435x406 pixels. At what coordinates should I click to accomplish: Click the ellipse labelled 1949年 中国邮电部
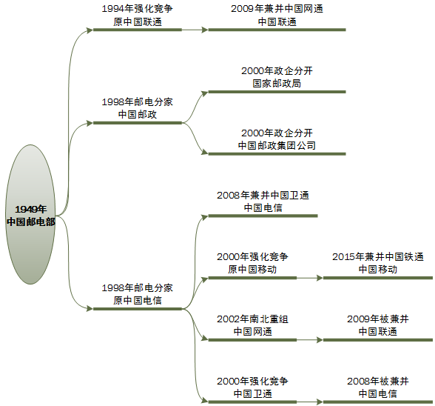pyautogui.click(x=30, y=215)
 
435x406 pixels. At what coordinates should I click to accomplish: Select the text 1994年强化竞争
pyautogui.click(x=137, y=10)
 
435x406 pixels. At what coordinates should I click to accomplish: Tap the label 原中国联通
pyautogui.click(x=137, y=22)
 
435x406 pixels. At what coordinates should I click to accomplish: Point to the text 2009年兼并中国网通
pyautogui.click(x=277, y=10)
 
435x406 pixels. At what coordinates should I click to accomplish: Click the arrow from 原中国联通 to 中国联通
pyautogui.click(x=195, y=30)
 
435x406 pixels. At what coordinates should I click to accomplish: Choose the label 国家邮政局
pyautogui.click(x=277, y=84)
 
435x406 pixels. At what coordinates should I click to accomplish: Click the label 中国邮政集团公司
pyautogui.click(x=277, y=145)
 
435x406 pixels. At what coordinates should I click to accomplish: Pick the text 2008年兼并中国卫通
pyautogui.click(x=263, y=196)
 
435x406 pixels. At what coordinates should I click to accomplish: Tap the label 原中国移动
pyautogui.click(x=252, y=270)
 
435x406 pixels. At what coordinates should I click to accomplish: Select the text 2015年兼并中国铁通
pyautogui.click(x=377, y=257)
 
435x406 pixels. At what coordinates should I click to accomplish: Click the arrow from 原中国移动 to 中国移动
pyautogui.click(x=309, y=278)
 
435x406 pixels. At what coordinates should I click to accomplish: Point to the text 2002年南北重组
pyautogui.click(x=252, y=319)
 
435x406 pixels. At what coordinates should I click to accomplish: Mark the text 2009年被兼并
pyautogui.click(x=377, y=319)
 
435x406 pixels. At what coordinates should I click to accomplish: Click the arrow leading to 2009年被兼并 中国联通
pyautogui.click(x=309, y=340)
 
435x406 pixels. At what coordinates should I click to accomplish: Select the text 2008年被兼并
pyautogui.click(x=377, y=381)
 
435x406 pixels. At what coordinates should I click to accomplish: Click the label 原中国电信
pyautogui.click(x=137, y=300)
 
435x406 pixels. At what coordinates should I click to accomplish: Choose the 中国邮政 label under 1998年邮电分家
pyautogui.click(x=137, y=115)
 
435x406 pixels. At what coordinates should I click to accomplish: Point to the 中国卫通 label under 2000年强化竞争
pyautogui.click(x=252, y=393)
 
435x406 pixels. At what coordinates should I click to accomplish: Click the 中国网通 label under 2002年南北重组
pyautogui.click(x=252, y=331)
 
